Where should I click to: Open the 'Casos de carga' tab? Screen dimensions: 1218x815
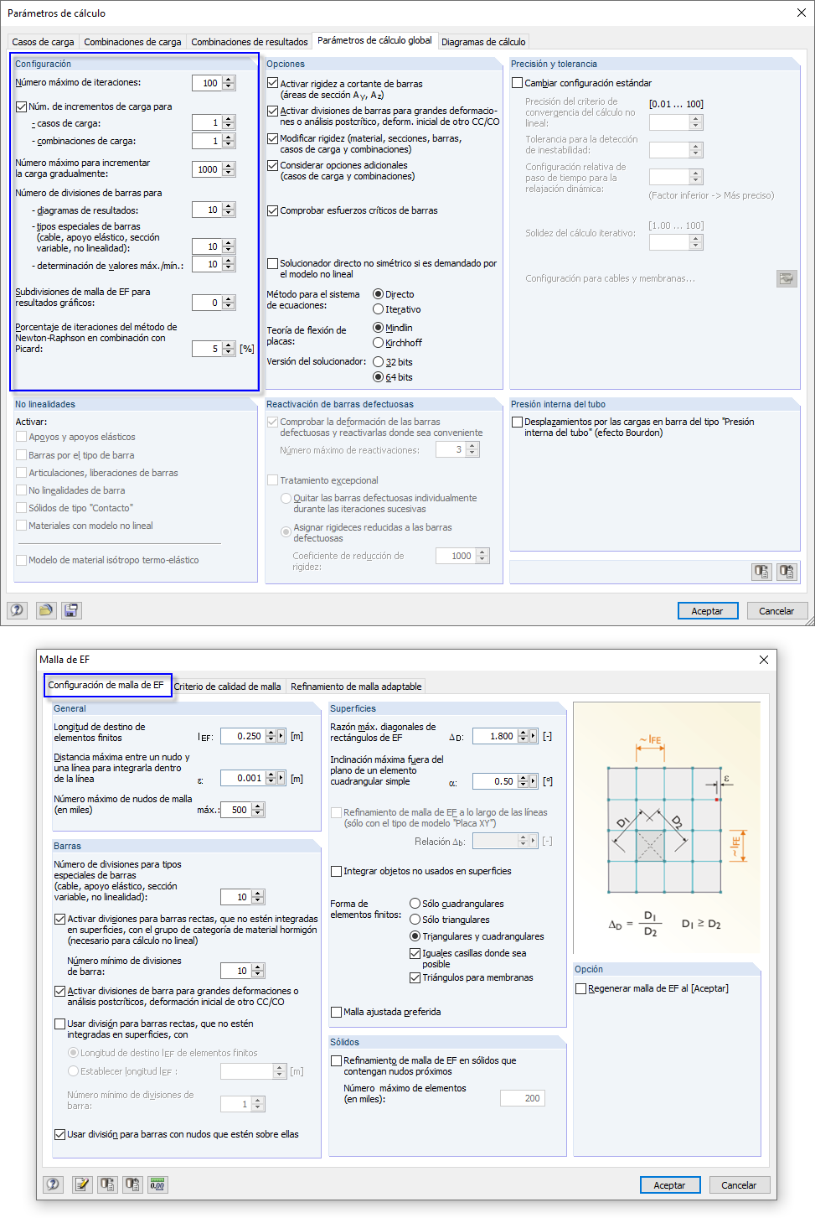coord(43,42)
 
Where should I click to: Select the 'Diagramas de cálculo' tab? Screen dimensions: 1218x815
coord(483,42)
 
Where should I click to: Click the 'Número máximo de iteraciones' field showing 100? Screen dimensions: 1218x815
coord(206,83)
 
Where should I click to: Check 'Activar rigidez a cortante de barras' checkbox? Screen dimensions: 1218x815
coord(273,83)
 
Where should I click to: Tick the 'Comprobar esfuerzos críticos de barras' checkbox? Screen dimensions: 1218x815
coord(273,210)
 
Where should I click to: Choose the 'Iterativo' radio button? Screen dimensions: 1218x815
coord(379,309)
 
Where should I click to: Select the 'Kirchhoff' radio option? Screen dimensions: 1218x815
coord(379,343)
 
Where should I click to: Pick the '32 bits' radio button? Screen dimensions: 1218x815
coord(379,362)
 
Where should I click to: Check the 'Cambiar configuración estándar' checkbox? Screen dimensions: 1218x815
coord(518,83)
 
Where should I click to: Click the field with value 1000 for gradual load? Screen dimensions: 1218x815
coord(206,169)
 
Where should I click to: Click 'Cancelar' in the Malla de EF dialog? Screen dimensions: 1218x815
coord(738,1184)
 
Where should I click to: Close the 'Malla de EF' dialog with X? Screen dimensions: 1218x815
coord(763,660)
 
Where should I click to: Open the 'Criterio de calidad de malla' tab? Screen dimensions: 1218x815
coord(227,687)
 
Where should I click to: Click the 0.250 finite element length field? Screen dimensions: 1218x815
coord(243,736)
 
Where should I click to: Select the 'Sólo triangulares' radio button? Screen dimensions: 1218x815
coord(415,920)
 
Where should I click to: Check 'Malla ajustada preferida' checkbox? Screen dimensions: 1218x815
coord(337,1012)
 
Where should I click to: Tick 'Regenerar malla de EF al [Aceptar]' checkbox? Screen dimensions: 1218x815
coord(581,988)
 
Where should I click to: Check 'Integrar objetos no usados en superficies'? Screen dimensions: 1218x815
coord(337,871)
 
